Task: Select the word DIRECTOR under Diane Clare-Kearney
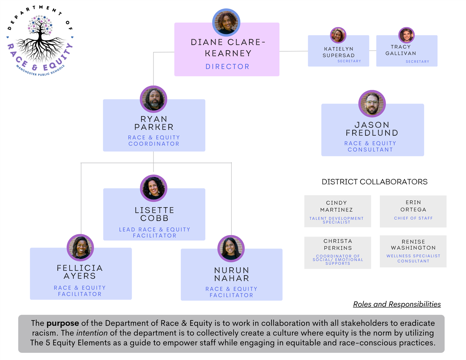click(227, 67)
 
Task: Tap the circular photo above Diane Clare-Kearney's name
click(226, 22)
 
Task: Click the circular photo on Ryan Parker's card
click(153, 99)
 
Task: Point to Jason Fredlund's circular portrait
click(372, 104)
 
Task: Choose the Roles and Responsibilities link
click(397, 304)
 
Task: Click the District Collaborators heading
click(374, 182)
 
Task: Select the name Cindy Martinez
click(336, 206)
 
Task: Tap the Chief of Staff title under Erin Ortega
click(413, 218)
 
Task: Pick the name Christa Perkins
click(338, 244)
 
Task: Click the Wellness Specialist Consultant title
click(413, 258)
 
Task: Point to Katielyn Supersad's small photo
click(338, 35)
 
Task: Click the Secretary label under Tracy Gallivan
click(417, 62)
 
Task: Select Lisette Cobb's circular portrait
click(153, 188)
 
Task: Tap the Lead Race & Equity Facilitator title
click(154, 233)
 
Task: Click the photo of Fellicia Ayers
click(80, 247)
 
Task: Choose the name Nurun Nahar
click(231, 274)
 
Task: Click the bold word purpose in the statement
click(62, 323)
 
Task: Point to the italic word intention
click(92, 333)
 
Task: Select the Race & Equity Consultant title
click(370, 146)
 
